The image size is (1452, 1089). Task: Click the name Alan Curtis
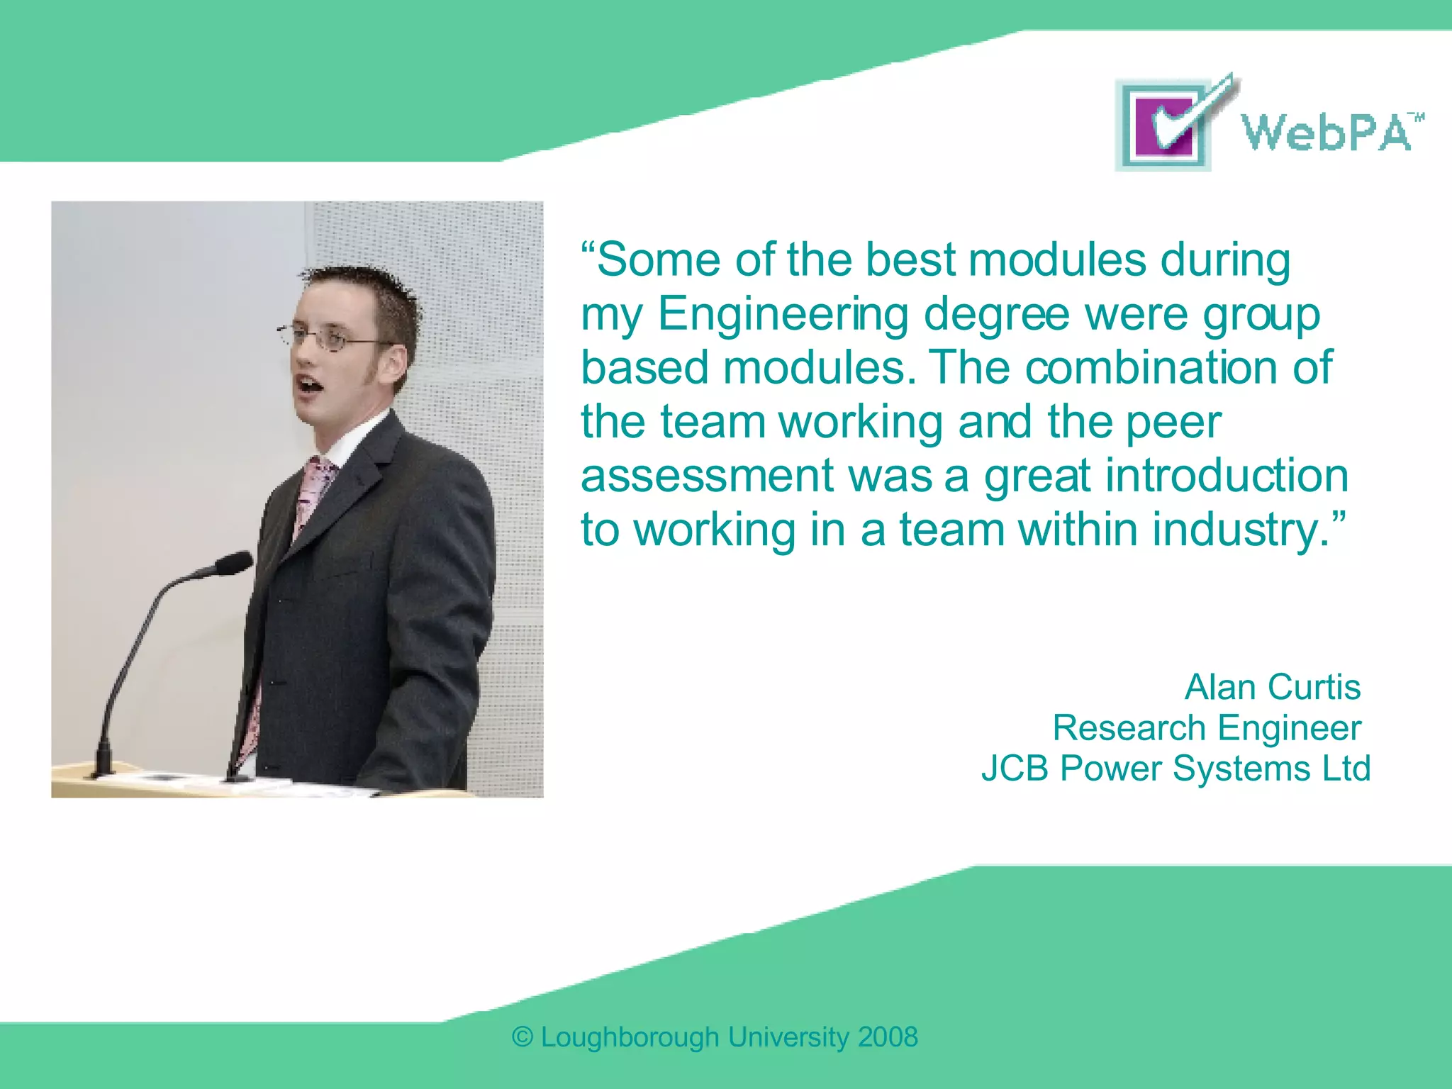[1272, 687]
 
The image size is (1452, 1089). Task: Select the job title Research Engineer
[1206, 728]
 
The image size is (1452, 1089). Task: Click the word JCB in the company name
[1014, 769]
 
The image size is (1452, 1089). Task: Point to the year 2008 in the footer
[888, 1037]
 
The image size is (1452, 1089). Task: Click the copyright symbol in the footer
[523, 1037]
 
